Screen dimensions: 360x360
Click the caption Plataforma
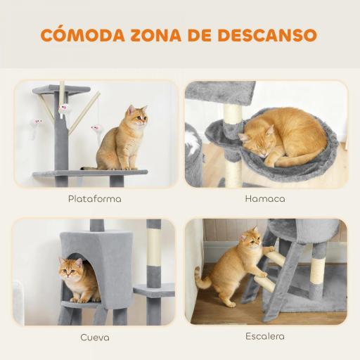(94, 199)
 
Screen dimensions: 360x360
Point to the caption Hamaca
(265, 199)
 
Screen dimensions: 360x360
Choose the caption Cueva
(94, 337)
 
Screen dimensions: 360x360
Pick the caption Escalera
(265, 336)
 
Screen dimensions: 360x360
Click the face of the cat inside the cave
(70, 268)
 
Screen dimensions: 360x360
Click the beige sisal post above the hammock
(232, 112)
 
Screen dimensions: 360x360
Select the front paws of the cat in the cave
(80, 298)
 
